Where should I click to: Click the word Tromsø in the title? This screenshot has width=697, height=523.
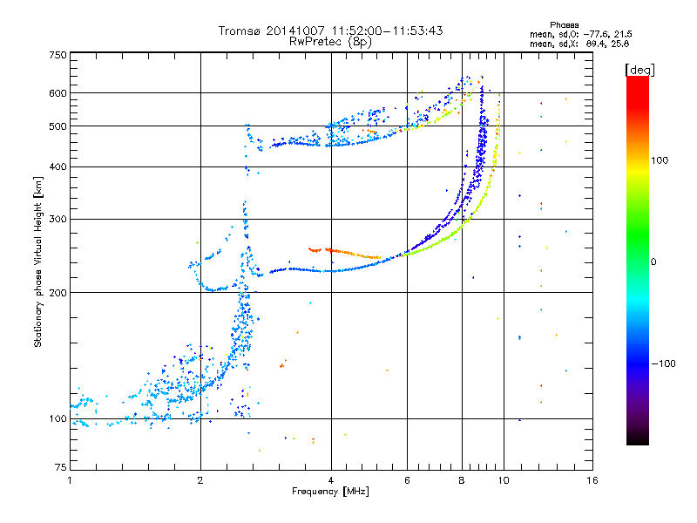click(240, 31)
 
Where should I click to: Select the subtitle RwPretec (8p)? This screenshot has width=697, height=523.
click(330, 42)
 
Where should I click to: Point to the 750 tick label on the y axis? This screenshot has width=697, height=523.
click(58, 55)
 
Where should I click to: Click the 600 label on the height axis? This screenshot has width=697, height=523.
click(58, 93)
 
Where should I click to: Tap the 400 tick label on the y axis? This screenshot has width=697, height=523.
click(58, 166)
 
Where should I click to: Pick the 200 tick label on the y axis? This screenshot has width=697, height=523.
click(58, 293)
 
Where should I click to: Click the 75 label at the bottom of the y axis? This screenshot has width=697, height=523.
click(61, 467)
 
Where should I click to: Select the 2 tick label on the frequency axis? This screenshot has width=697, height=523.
click(200, 480)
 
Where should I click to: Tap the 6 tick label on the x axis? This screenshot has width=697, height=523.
click(407, 480)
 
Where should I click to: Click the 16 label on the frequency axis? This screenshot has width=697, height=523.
click(592, 480)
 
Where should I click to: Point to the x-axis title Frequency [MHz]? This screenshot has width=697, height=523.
click(330, 492)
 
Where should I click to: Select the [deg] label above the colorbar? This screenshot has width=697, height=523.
click(639, 70)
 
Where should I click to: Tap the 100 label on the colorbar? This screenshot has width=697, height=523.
click(660, 160)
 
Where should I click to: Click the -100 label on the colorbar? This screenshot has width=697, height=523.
click(663, 363)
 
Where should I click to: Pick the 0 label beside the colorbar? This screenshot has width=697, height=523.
click(653, 262)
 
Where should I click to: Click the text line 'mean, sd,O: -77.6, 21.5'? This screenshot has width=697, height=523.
click(581, 34)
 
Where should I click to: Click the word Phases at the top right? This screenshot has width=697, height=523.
click(564, 25)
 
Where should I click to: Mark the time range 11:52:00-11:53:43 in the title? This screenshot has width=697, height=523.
click(387, 31)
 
